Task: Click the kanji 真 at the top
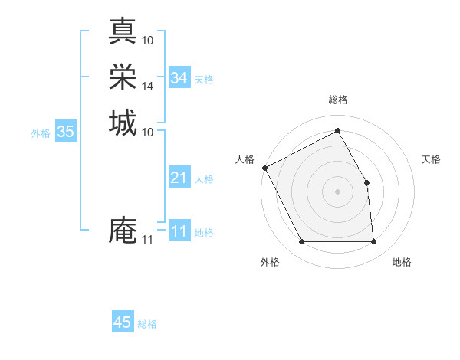tap(123, 31)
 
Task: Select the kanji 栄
tap(123, 77)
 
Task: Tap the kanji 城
tap(123, 123)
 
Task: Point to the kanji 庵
tap(123, 231)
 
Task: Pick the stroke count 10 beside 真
tap(147, 40)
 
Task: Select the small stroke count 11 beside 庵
tap(147, 240)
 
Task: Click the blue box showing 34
tap(179, 78)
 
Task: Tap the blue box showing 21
tap(179, 178)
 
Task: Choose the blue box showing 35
tap(65, 132)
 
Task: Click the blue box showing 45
tap(123, 322)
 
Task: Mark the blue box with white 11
tap(179, 231)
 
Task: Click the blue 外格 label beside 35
tap(41, 133)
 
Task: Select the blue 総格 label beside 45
tap(147, 324)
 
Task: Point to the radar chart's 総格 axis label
tap(337, 100)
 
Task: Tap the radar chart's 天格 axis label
tap(432, 159)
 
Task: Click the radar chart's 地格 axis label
tap(402, 263)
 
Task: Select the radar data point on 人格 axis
tap(264, 168)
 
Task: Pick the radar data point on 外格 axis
tap(301, 242)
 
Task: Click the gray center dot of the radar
tap(337, 191)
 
